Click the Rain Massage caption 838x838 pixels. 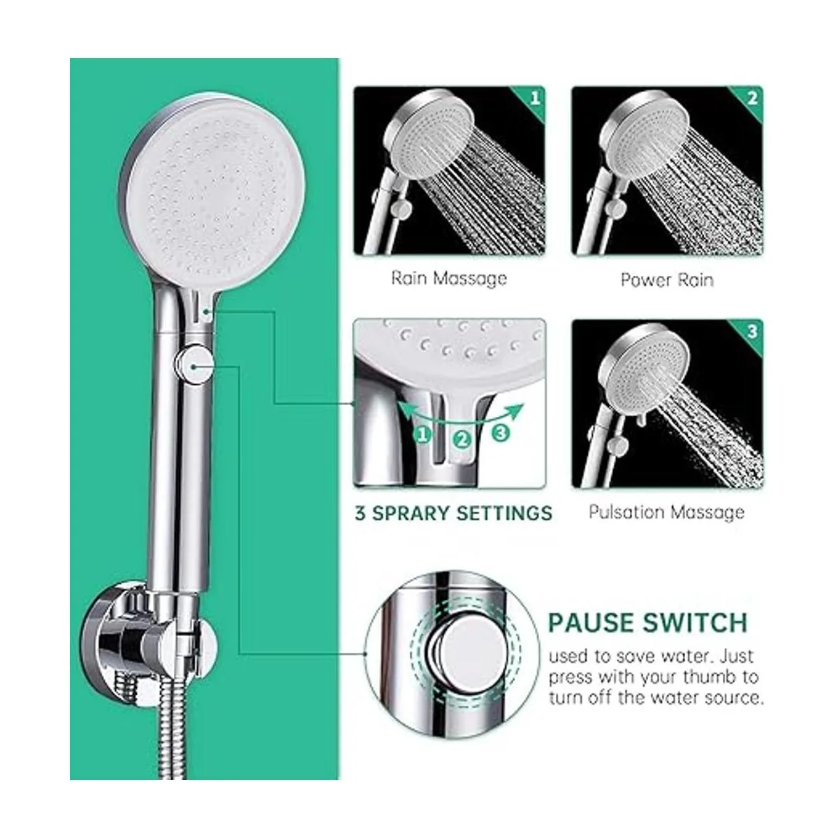pos(449,279)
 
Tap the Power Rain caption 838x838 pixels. pos(667,279)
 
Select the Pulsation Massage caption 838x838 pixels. pos(666,513)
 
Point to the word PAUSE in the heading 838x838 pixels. pos(591,623)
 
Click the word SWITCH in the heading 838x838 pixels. pos(695,623)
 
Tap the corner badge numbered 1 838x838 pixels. pos(534,98)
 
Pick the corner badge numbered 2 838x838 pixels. pos(752,98)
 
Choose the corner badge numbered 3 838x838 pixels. pos(752,332)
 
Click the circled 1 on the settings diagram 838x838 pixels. pos(423,434)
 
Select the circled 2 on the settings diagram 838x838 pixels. pos(462,440)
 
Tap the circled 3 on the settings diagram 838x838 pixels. pos(501,433)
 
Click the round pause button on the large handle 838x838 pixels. pos(194,365)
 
